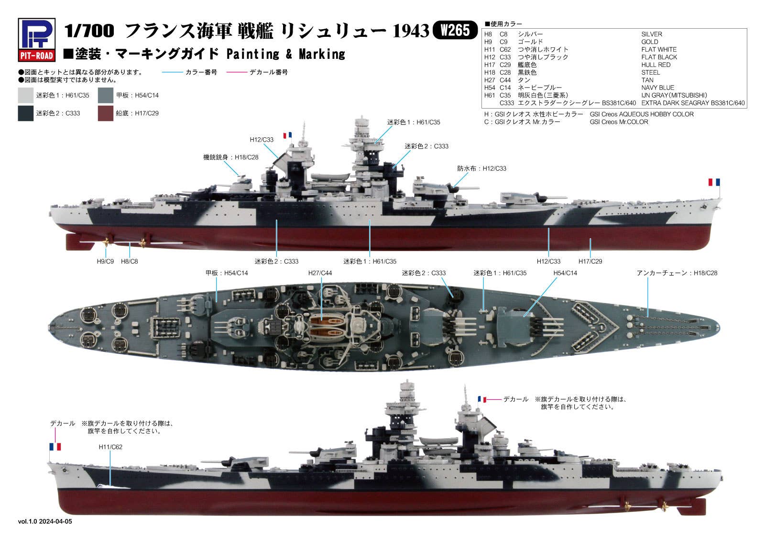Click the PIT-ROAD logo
[36, 40]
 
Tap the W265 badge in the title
[455, 31]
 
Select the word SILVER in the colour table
[652, 34]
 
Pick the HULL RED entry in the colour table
[656, 65]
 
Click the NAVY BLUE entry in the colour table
[658, 88]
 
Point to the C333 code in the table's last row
[507, 103]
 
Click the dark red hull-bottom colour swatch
[105, 113]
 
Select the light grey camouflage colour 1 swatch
[26, 95]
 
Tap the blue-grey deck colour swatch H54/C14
[105, 95]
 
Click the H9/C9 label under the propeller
[105, 262]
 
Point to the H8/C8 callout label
[129, 262]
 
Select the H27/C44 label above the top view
[320, 273]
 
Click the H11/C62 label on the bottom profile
[110, 447]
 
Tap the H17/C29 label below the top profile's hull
[590, 262]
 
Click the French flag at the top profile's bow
[714, 182]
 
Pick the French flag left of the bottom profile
[55, 447]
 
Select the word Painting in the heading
[252, 54]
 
